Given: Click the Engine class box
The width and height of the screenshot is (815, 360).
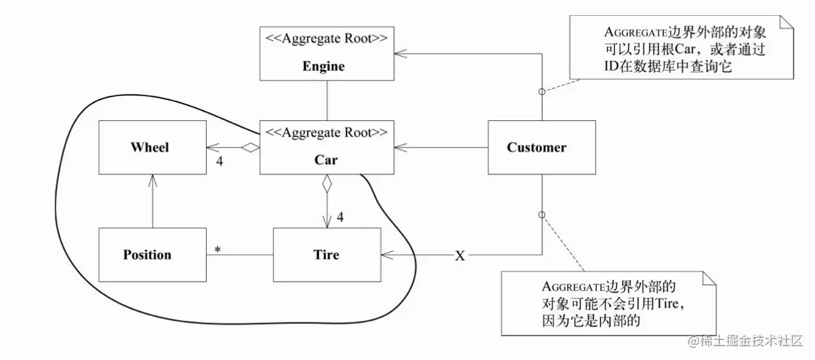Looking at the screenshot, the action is pos(326,54).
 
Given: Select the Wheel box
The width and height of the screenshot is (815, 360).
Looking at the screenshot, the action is pos(153,148).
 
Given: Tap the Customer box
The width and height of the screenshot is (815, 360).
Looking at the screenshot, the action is pos(541,148).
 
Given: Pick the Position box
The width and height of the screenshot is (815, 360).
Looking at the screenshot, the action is pos(153,255).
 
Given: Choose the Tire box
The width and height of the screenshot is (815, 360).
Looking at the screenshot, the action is pos(326,255).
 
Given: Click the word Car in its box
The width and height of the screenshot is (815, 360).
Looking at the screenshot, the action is pos(326,160).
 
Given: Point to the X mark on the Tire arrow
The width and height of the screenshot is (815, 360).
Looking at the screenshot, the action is pos(460,256).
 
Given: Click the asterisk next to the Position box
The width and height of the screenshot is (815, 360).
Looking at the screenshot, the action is pos(217,250).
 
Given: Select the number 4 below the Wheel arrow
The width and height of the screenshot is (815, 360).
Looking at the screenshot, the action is pos(220,161).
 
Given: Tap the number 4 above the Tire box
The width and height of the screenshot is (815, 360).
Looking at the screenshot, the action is pos(340,216).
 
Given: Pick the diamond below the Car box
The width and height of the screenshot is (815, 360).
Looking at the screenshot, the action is pos(326,184).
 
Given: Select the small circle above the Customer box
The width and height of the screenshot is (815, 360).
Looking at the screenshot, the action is pos(541,91).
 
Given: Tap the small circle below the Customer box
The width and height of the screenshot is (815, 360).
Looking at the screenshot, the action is pos(541,215).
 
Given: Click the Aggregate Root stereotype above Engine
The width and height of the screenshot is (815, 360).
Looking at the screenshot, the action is pos(326,38).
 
